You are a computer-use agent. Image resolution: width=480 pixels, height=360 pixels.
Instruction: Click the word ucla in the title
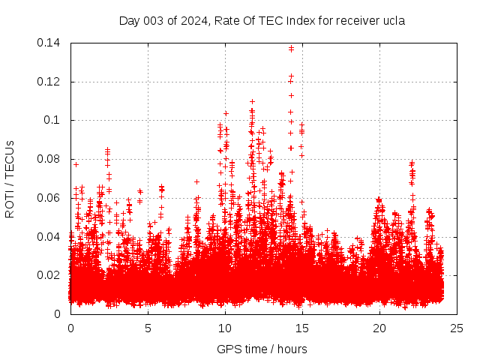pyautogui.click(x=393, y=21)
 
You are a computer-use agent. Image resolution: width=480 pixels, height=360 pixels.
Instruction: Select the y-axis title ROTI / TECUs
pyautogui.click(x=10, y=178)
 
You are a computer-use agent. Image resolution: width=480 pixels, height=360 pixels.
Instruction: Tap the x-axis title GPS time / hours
pyautogui.click(x=262, y=349)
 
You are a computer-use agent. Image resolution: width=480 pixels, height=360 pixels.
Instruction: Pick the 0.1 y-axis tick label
pyautogui.click(x=54, y=120)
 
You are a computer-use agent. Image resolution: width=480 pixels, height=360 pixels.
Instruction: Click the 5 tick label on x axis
pyautogui.click(x=148, y=328)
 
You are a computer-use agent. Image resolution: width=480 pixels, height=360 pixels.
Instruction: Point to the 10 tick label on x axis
pyautogui.click(x=225, y=328)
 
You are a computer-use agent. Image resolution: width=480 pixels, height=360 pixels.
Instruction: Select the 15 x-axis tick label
pyautogui.click(x=302, y=328)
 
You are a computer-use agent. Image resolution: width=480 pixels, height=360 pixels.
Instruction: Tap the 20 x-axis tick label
pyautogui.click(x=379, y=328)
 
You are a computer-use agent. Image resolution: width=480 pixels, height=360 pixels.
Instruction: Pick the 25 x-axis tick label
pyautogui.click(x=457, y=328)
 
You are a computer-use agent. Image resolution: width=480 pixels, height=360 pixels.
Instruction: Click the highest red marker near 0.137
pyautogui.click(x=291, y=49)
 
